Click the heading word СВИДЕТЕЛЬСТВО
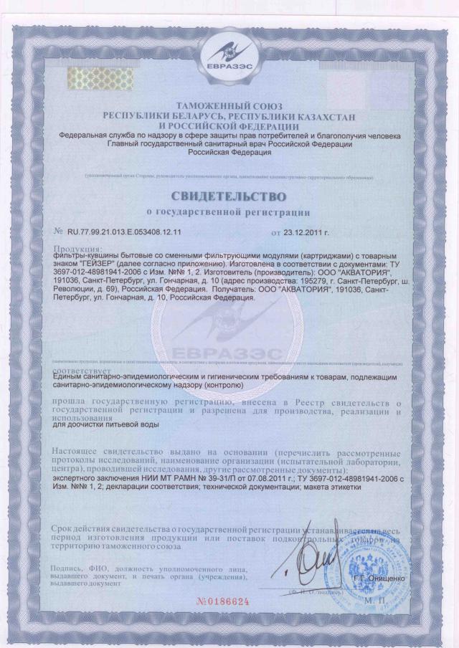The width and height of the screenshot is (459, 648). click(x=229, y=196)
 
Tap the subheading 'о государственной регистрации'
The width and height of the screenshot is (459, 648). click(x=229, y=211)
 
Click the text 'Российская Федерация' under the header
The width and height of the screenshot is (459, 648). click(x=229, y=152)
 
